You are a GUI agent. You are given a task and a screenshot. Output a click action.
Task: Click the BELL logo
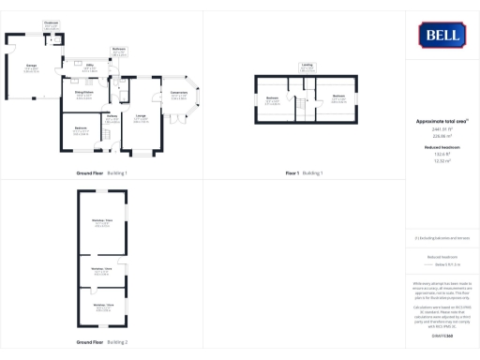(441, 35)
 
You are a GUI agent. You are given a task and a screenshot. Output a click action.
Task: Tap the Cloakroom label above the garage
(51, 22)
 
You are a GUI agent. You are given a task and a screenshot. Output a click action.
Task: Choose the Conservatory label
(178, 93)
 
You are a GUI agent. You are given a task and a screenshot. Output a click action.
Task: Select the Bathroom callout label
(119, 49)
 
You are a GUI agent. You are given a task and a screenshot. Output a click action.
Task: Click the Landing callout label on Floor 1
(307, 65)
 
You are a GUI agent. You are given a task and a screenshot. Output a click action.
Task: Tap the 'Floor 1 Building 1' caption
(304, 173)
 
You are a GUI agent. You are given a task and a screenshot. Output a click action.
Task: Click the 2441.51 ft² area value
(441, 129)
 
